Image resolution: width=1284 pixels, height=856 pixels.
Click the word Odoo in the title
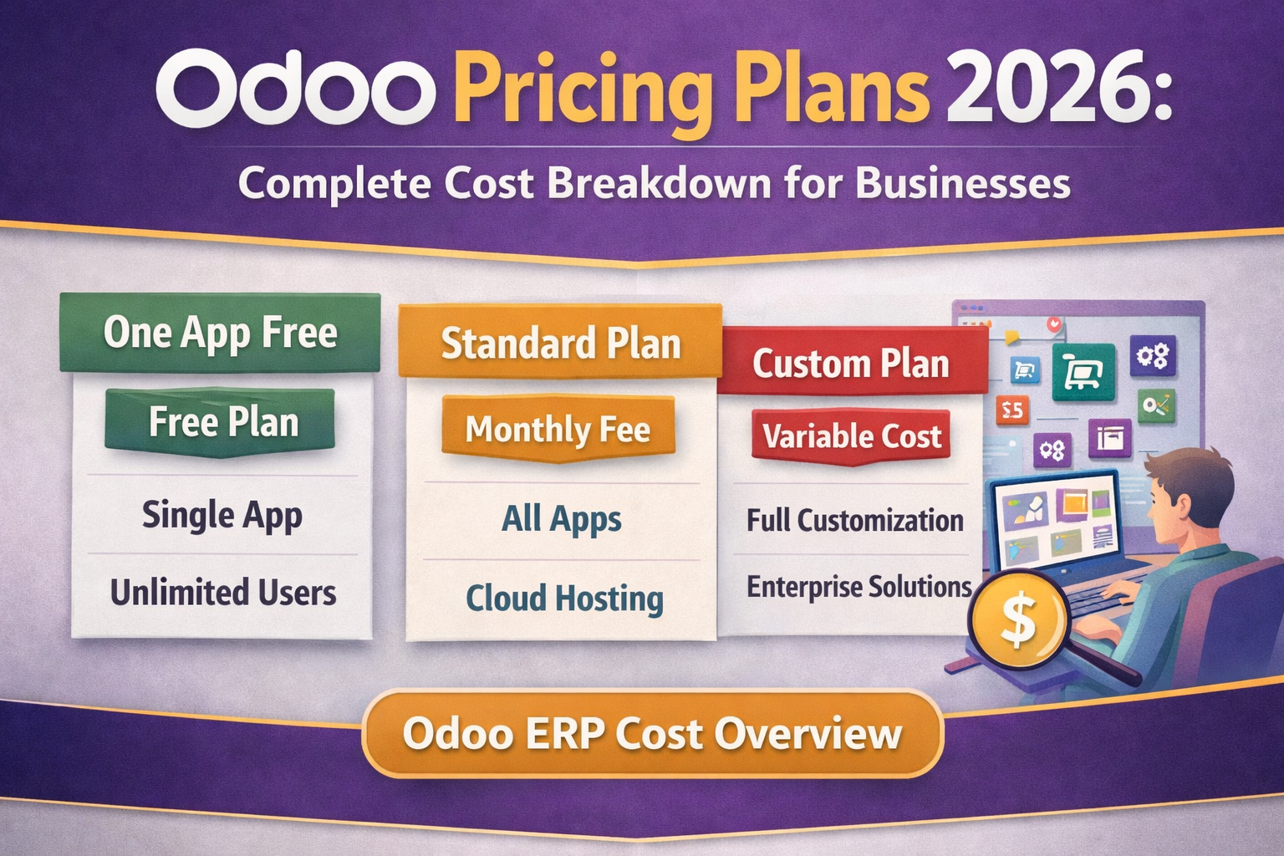pyautogui.click(x=295, y=88)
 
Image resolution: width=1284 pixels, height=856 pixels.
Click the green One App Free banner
pyautogui.click(x=220, y=333)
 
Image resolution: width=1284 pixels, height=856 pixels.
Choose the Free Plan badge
pyautogui.click(x=222, y=421)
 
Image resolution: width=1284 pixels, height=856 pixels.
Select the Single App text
pyautogui.click(x=222, y=515)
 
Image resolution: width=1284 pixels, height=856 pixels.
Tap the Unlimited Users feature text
pyautogui.click(x=222, y=593)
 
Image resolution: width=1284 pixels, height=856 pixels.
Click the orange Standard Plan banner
pyautogui.click(x=560, y=344)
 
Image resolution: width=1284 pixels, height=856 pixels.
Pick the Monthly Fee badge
pyautogui.click(x=558, y=430)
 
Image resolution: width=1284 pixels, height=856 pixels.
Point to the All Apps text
pyautogui.click(x=561, y=519)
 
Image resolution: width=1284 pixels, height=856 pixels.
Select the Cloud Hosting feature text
pyautogui.click(x=564, y=599)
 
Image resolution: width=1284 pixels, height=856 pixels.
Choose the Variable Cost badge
pyautogui.click(x=852, y=436)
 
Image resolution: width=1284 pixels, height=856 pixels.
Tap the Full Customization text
pyautogui.click(x=854, y=521)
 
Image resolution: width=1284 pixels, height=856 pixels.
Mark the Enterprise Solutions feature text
pyautogui.click(x=859, y=587)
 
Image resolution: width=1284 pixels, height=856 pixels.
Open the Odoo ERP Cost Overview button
pyautogui.click(x=653, y=734)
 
